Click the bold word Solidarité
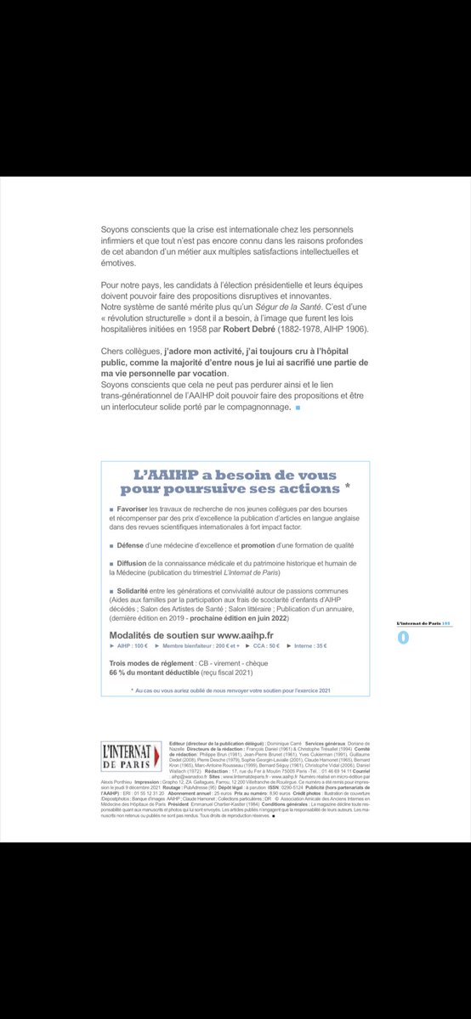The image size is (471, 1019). [x=137, y=589]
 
